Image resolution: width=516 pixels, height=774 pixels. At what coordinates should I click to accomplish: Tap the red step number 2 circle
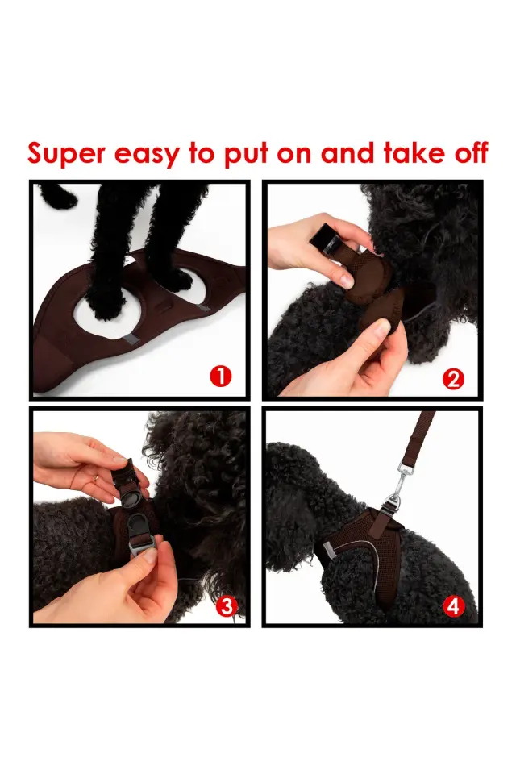tap(454, 378)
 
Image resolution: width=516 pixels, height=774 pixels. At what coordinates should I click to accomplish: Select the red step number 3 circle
tap(227, 606)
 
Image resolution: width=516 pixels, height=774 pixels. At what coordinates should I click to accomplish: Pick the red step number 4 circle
tap(454, 606)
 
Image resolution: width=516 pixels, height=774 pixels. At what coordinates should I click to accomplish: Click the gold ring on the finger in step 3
tap(96, 479)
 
